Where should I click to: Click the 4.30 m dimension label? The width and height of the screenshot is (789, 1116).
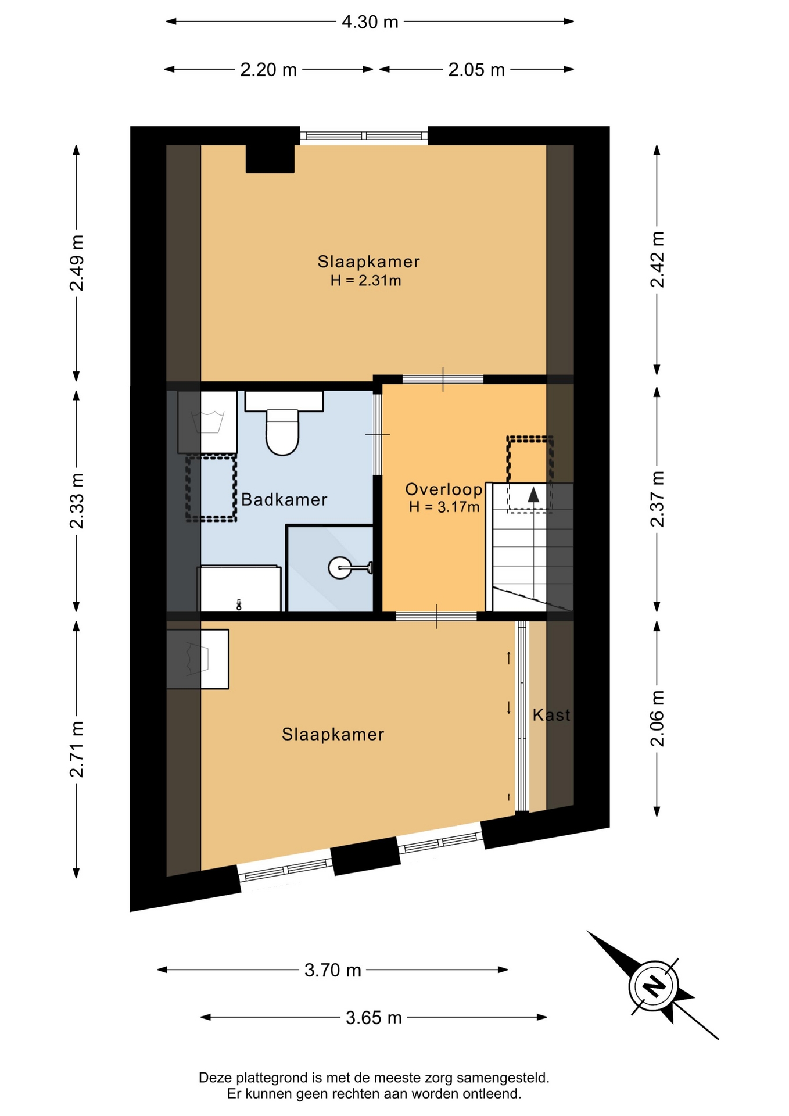click(x=370, y=22)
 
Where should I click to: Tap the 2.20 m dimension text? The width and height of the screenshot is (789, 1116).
click(x=268, y=70)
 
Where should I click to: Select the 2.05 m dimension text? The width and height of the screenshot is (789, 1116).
click(x=476, y=70)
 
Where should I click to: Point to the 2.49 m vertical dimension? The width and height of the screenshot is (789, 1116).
click(x=77, y=263)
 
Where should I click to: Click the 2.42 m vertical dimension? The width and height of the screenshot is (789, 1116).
click(x=657, y=259)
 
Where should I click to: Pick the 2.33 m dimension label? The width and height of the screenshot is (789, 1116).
click(x=77, y=500)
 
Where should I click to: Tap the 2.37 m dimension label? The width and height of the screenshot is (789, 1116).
click(x=657, y=499)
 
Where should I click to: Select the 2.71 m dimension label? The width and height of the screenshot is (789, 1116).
click(x=77, y=749)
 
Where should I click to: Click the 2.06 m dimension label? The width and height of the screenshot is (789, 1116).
click(x=657, y=718)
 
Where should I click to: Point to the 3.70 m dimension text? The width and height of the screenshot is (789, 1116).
click(x=333, y=970)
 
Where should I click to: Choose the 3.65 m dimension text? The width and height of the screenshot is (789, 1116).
click(x=374, y=1018)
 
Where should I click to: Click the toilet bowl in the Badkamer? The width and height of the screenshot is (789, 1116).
click(x=282, y=432)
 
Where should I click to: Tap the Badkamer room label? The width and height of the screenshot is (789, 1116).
click(x=284, y=499)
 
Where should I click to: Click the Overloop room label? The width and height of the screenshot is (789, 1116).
click(x=444, y=489)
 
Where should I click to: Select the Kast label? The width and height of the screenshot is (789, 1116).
click(x=551, y=715)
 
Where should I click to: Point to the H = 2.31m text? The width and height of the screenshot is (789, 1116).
click(x=366, y=281)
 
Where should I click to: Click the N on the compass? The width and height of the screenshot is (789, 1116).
click(x=654, y=985)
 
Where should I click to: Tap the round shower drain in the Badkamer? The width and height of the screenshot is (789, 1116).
click(x=339, y=567)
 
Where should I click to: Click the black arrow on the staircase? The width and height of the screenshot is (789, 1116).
click(x=533, y=495)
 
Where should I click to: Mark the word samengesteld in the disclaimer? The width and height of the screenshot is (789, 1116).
click(x=503, y=1078)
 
